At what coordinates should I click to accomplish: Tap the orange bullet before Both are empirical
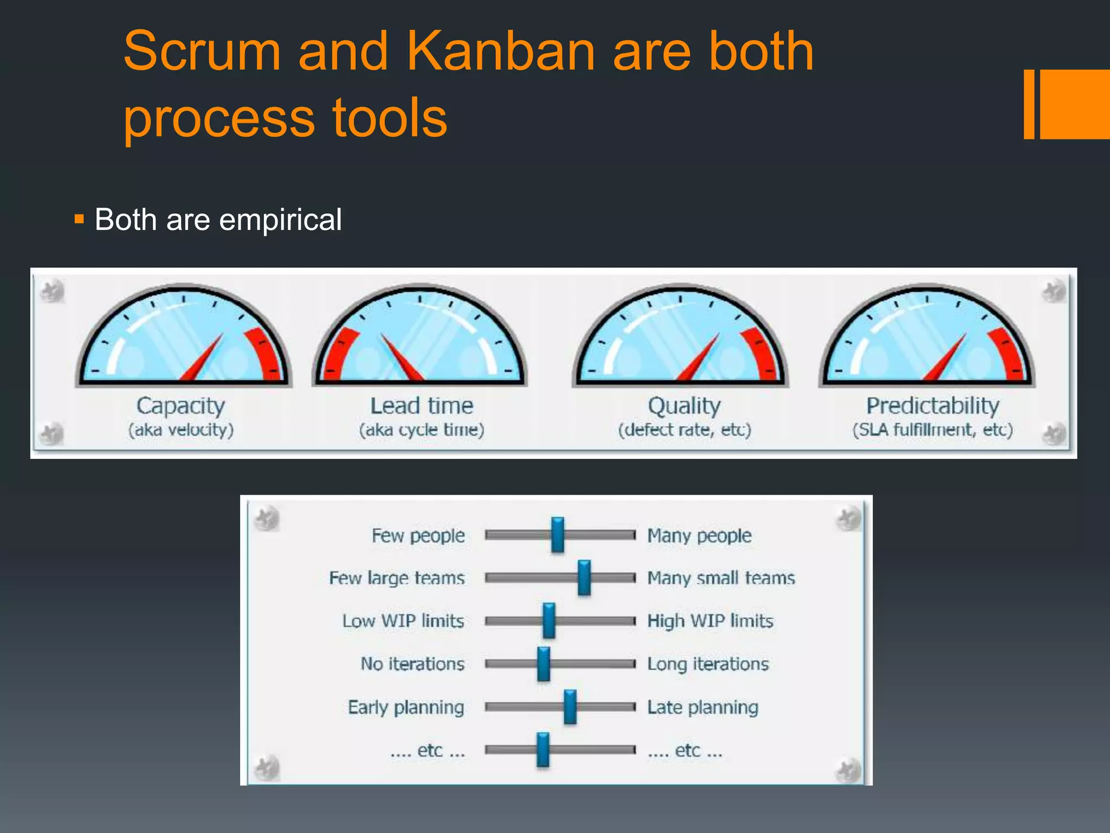point(79,220)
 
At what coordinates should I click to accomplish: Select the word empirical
point(280,220)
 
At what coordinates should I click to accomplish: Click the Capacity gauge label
point(180,406)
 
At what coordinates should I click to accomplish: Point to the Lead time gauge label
point(422,406)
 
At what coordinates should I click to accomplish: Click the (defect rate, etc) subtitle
point(685,430)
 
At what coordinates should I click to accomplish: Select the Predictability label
point(932,406)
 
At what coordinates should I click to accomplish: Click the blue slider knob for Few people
point(557,535)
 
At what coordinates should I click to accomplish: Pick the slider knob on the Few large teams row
point(584,578)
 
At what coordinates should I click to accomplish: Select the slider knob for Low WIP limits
point(548,620)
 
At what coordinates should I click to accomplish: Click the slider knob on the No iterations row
point(543,663)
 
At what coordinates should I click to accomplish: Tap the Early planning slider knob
point(570,707)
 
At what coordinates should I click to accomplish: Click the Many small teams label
point(721,578)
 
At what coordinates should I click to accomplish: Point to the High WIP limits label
point(710,620)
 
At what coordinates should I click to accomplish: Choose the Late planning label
point(702,707)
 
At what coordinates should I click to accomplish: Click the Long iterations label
point(708,664)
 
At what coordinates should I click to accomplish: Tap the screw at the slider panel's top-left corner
point(267,519)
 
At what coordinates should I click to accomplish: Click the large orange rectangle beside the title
point(1075,104)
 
